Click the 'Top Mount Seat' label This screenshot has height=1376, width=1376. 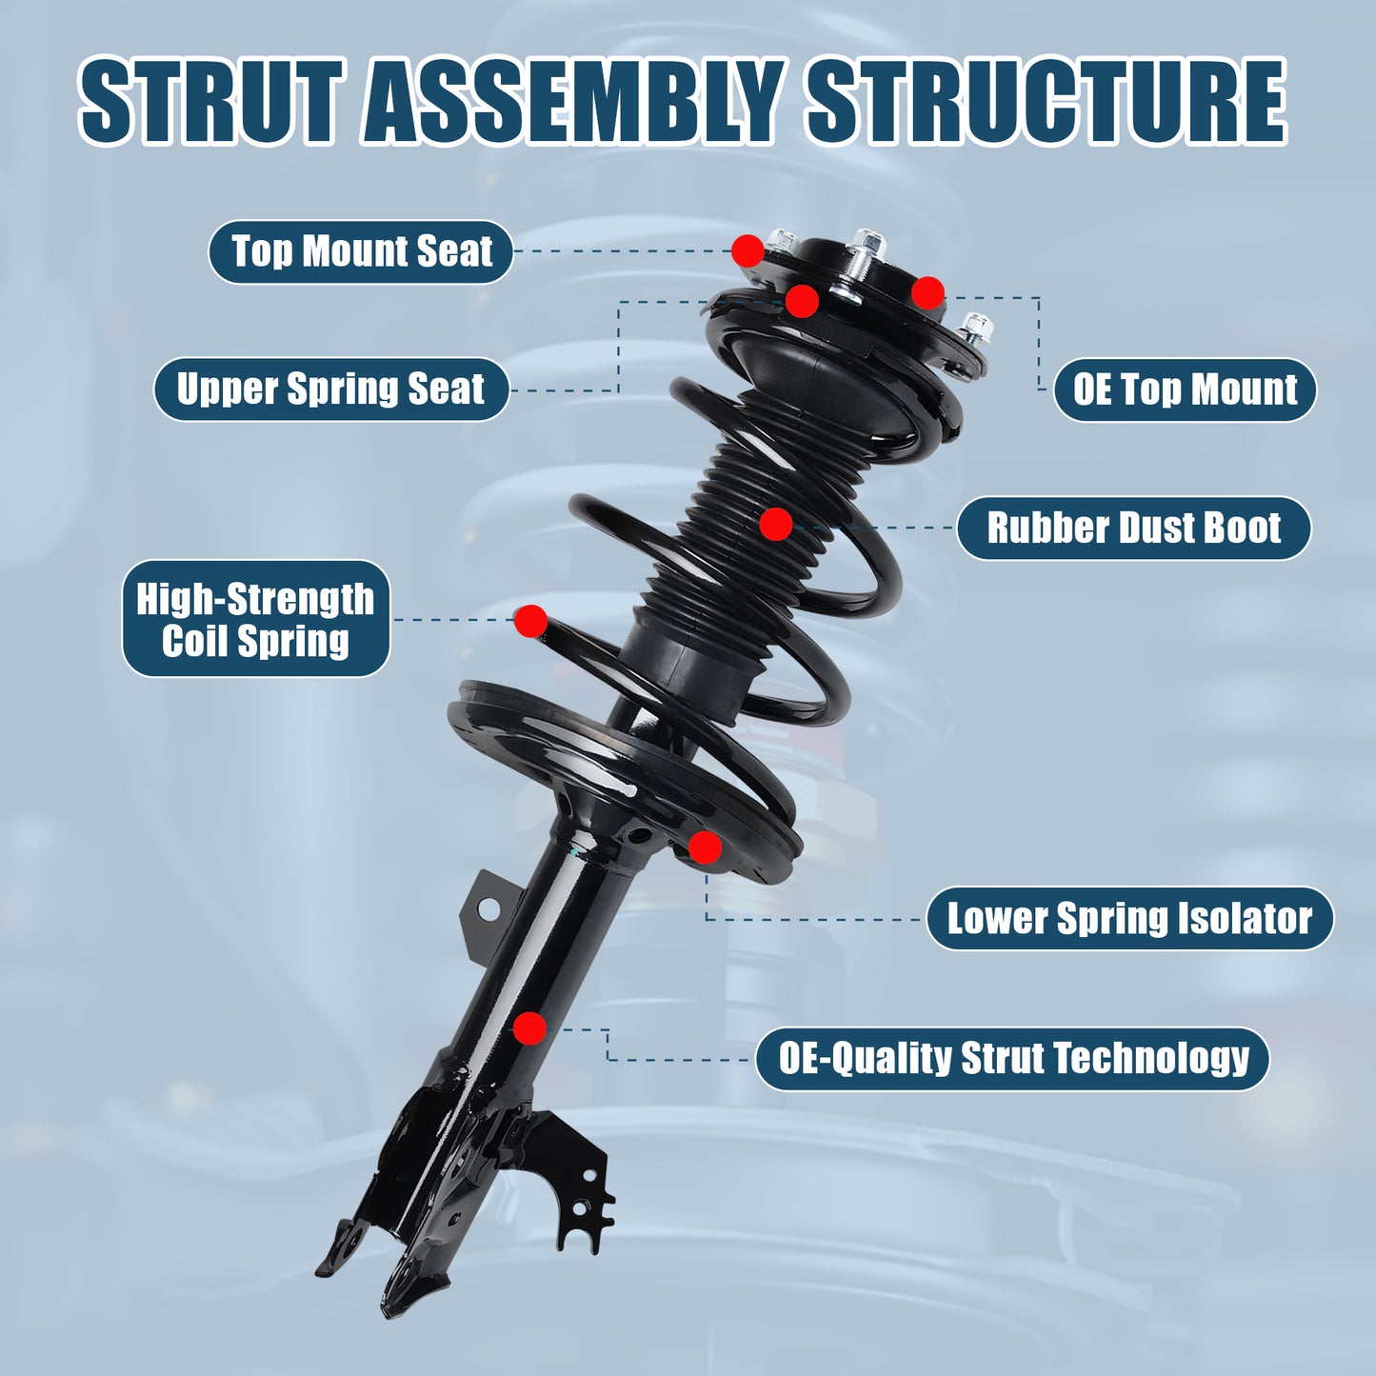[x=361, y=252]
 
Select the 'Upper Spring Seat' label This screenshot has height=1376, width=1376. [x=330, y=389]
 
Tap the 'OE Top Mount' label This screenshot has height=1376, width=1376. [x=1185, y=389]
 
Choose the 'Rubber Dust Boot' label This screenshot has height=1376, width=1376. [x=1133, y=528]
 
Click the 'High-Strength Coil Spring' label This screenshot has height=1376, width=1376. [x=255, y=619]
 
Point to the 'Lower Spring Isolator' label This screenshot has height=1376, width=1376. [x=1129, y=919]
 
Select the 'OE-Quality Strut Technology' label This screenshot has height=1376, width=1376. [x=1012, y=1058]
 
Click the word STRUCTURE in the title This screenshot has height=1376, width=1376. [x=1047, y=102]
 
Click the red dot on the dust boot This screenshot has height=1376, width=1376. [x=776, y=524]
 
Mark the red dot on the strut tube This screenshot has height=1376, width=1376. [x=529, y=1028]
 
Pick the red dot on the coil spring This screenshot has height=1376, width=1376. [x=530, y=621]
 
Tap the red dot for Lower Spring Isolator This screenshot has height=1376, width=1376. [x=705, y=848]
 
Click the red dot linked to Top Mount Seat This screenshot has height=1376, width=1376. [x=748, y=250]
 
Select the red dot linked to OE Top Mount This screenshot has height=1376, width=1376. [x=927, y=292]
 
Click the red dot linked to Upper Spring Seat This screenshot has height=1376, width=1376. [x=802, y=301]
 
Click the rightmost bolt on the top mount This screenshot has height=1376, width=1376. [x=974, y=329]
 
